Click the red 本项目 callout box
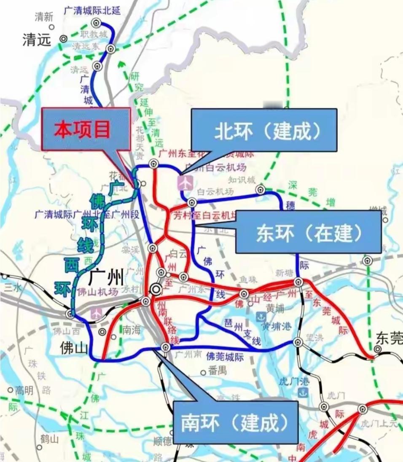86,129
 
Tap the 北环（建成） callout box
264,130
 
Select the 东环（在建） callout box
308,232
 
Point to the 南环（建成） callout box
235,422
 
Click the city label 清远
37,40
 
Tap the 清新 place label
44,17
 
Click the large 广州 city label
106,277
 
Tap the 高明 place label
24,390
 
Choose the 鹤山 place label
50,439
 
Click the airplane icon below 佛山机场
97,313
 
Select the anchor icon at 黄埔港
261,317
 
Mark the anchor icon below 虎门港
302,392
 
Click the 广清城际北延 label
92,10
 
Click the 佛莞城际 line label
225,357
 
